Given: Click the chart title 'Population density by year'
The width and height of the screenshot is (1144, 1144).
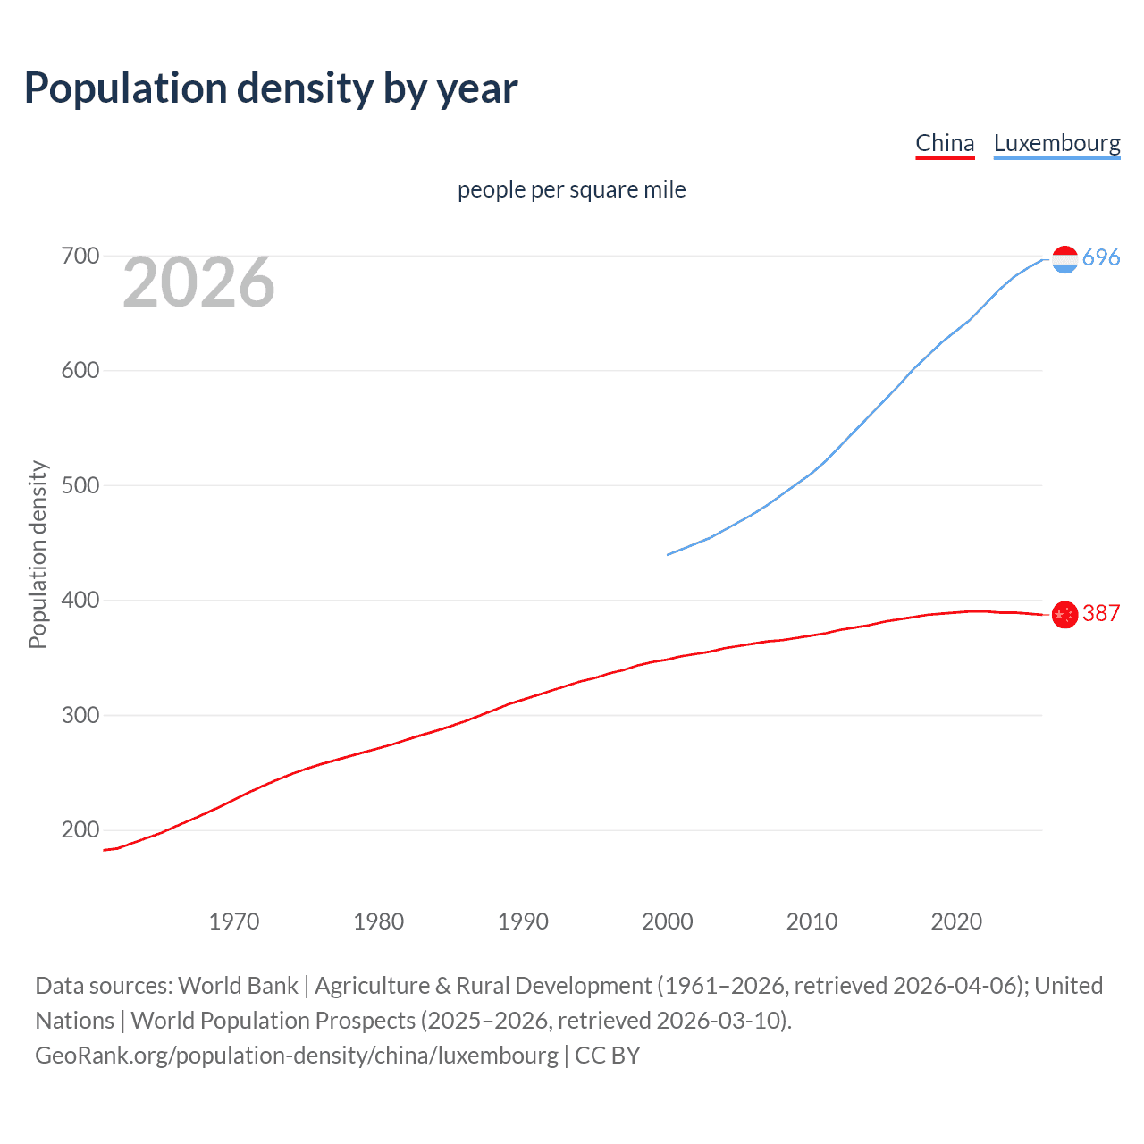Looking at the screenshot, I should pos(271,88).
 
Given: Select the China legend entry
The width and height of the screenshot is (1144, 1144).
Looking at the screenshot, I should pos(945,143).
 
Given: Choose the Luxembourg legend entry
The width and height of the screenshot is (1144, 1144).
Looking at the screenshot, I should pos(1056,143).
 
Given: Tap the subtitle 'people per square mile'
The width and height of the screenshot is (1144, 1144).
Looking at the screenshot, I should pos(571,189).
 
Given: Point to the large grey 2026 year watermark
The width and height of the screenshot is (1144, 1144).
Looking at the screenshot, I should pos(198,282).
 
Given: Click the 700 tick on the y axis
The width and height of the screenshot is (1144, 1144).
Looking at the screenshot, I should pos(80,257).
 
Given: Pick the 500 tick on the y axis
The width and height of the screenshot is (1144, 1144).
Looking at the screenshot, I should pos(80,485).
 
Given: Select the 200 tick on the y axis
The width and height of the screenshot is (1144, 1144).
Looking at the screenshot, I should pos(80,830).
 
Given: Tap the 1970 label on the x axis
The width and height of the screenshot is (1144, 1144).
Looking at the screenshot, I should pos(234,921).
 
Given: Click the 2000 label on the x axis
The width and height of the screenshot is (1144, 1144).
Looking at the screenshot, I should pos(668,921).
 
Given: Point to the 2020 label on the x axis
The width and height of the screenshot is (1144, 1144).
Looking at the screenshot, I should pos(956,921).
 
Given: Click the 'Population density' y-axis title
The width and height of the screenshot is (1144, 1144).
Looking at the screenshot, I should pos(38,554).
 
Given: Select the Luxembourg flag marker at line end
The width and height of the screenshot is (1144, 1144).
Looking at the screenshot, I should pos(1064,259).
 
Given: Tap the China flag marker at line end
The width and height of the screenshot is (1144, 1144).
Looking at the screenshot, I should pos(1064,615).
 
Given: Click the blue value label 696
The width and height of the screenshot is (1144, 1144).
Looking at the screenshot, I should pos(1101,257).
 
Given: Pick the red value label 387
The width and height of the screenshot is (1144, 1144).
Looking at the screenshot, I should pos(1101,613).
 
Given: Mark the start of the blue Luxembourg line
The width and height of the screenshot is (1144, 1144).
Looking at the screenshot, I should pos(669,554).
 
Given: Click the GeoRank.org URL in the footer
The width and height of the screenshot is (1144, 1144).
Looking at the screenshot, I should pos(296,1056).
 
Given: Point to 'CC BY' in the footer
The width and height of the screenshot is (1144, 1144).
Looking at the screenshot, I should pos(608,1056).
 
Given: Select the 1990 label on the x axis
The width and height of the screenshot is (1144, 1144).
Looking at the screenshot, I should pos(523,921).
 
